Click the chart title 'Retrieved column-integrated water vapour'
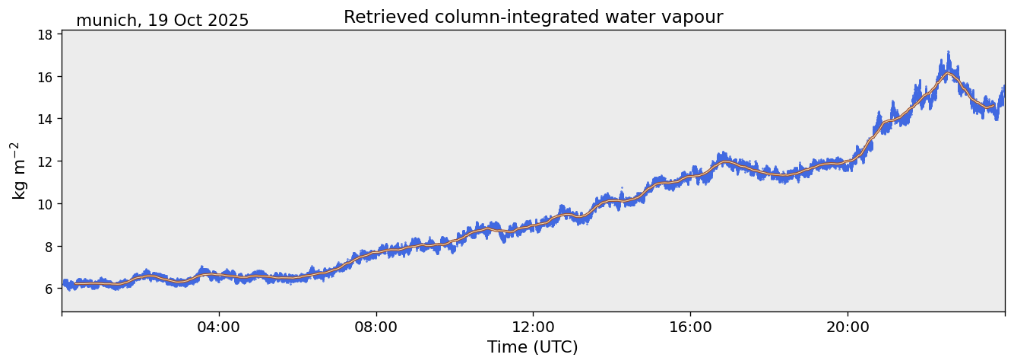[x=533, y=17]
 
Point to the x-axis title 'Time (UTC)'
[x=532, y=347]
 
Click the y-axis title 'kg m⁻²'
[x=18, y=171]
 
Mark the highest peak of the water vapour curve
[x=948, y=53]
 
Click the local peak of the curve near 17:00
[x=721, y=154]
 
